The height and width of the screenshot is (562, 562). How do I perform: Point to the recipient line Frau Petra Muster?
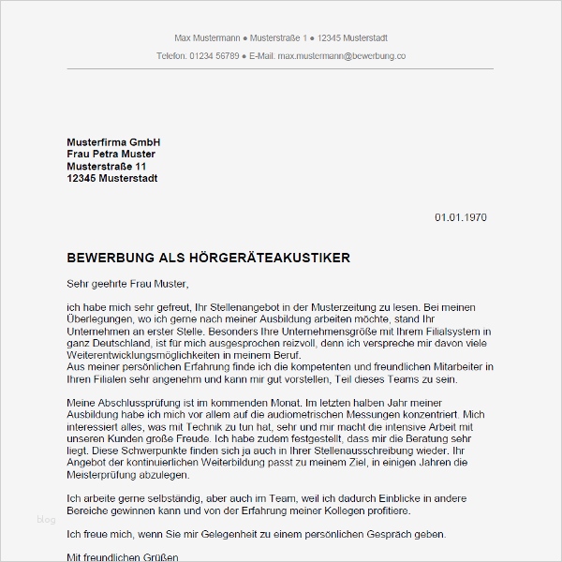[x=111, y=154]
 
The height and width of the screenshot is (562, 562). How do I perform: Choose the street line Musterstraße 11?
[x=107, y=166]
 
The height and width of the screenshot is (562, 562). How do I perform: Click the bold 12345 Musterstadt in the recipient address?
[x=112, y=178]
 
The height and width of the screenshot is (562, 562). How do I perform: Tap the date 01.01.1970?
[x=460, y=217]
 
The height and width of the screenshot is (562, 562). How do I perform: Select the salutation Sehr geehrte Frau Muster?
[x=128, y=283]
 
